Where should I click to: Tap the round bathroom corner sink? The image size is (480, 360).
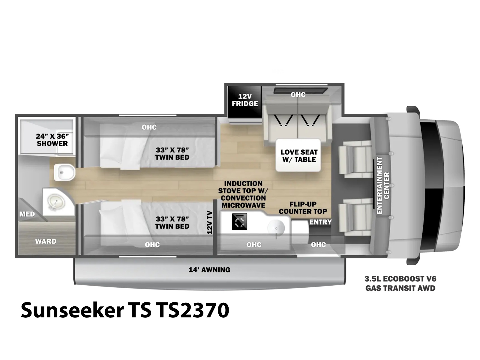(x=56, y=202)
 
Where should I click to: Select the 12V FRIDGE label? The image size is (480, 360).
(x=245, y=100)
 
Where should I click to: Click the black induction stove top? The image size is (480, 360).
(x=239, y=222)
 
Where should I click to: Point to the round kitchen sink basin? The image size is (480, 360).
(x=276, y=228)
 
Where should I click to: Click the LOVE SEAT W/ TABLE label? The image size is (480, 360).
(x=299, y=156)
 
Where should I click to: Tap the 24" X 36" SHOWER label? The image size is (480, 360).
(x=52, y=140)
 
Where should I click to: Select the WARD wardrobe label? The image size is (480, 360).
(x=46, y=241)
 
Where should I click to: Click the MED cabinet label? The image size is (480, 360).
(x=27, y=214)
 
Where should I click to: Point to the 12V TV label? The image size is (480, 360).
(x=210, y=223)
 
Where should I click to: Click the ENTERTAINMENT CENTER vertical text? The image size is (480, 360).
(x=383, y=186)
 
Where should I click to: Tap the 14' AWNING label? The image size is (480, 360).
(x=209, y=270)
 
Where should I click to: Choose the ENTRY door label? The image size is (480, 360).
(x=320, y=222)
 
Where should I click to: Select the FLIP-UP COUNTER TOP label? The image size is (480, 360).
(x=303, y=208)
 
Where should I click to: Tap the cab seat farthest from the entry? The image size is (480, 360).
(x=355, y=159)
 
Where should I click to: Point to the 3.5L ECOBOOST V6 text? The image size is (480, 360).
(x=400, y=279)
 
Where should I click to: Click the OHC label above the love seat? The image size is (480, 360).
(x=298, y=94)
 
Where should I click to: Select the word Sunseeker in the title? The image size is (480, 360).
(x=72, y=310)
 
